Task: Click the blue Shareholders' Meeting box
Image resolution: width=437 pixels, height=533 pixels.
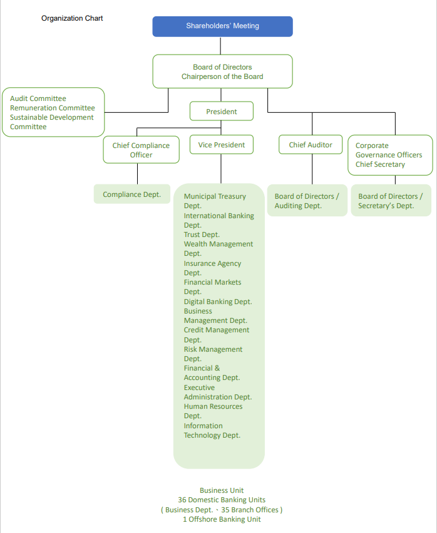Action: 222,26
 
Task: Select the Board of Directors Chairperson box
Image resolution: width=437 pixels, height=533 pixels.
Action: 222,71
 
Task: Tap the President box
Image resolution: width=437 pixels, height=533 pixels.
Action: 222,112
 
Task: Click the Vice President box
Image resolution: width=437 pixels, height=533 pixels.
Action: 222,145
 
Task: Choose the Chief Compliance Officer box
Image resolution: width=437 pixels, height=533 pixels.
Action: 141,150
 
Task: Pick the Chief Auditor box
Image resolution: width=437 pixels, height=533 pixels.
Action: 311,145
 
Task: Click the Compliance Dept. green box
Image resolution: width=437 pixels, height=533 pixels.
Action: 131,194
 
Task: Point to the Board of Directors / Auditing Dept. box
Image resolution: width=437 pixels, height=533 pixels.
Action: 307,201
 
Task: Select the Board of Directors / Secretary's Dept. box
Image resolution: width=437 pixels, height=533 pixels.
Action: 390,201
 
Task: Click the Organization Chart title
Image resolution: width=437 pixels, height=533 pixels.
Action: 72,18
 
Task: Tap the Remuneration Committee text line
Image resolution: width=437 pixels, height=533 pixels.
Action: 53,108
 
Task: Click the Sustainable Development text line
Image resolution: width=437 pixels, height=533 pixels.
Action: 52,117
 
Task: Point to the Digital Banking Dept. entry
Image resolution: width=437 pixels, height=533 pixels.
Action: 218,302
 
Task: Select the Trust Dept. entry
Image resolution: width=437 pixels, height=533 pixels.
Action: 202,235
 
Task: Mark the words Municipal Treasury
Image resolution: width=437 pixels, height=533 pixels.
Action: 215,196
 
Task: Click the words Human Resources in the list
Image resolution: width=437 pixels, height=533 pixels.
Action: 213,406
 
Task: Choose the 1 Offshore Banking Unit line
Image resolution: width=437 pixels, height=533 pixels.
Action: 222,519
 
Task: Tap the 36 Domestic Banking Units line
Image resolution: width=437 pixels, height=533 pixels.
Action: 222,500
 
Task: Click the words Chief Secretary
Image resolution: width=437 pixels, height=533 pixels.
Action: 380,164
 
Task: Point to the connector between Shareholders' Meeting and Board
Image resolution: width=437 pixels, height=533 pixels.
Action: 220,46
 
